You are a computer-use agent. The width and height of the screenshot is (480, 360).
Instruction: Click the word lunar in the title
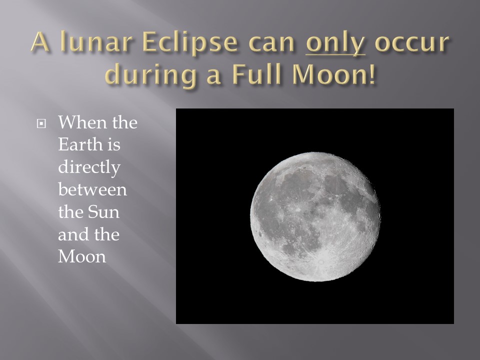tap(96, 41)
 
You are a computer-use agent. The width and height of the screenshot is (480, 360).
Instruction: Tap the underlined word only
tap(335, 43)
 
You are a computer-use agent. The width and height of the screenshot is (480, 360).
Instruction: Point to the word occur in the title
tap(411, 43)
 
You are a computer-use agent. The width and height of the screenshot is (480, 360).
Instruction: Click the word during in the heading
tap(151, 74)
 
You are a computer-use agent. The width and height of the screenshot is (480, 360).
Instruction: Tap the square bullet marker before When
tap(41, 123)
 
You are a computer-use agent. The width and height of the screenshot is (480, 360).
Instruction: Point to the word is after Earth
tap(113, 144)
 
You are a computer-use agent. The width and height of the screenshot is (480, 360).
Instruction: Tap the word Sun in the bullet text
tap(103, 211)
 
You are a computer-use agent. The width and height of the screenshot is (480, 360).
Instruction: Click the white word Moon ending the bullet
tap(82, 256)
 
